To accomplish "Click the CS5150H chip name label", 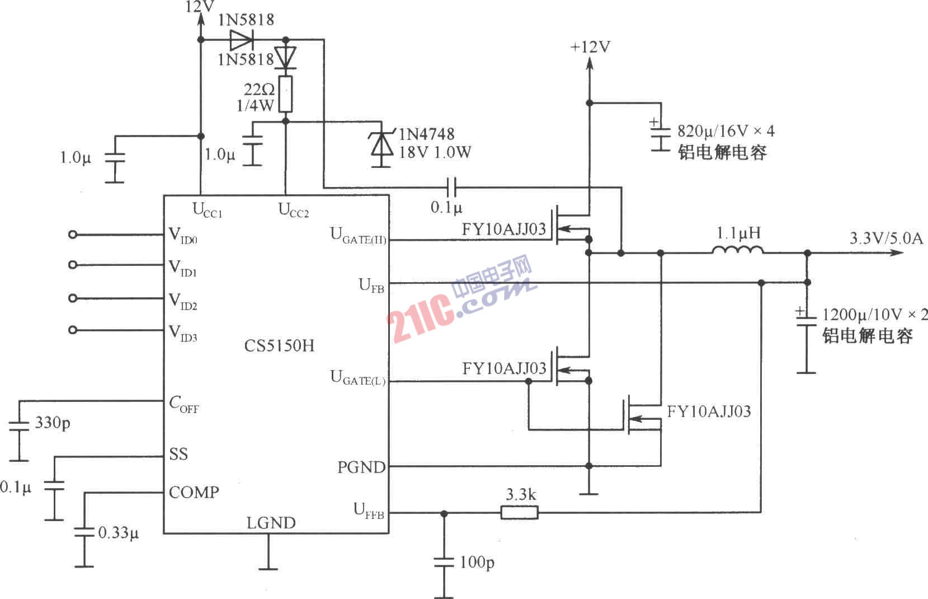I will pyautogui.click(x=279, y=345).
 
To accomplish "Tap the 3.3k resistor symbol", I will pyautogui.click(x=519, y=512).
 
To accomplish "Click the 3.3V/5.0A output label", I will pyautogui.click(x=886, y=238).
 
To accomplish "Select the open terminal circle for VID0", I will pyautogui.click(x=72, y=235).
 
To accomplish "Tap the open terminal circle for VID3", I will pyautogui.click(x=72, y=330).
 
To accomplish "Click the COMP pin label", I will pyautogui.click(x=194, y=492).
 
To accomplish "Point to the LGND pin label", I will pyautogui.click(x=271, y=523).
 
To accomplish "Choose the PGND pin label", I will pyautogui.click(x=361, y=467).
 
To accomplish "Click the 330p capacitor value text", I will pyautogui.click(x=53, y=423).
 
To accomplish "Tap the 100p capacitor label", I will pyautogui.click(x=477, y=562).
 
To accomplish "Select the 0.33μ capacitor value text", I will pyautogui.click(x=119, y=532).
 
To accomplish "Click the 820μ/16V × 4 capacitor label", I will pyautogui.click(x=726, y=131).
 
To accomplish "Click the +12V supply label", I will pyautogui.click(x=590, y=47).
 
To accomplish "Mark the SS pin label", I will pyautogui.click(x=178, y=454).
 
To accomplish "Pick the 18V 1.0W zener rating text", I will pyautogui.click(x=435, y=152).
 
